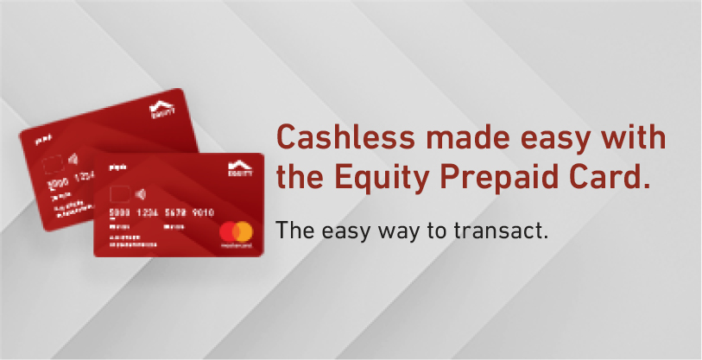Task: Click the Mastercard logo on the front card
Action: click(234, 233)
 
